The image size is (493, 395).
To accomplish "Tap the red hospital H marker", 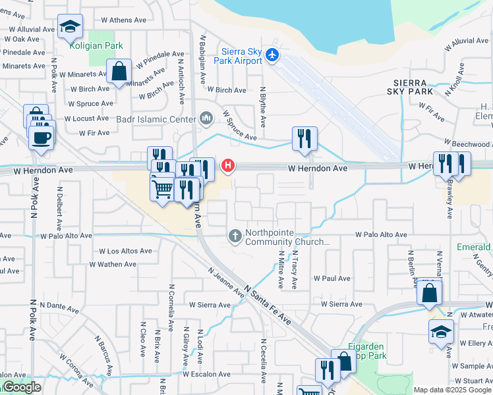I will pyautogui.click(x=228, y=165).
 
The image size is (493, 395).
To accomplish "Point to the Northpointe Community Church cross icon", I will pyautogui.click(x=235, y=235).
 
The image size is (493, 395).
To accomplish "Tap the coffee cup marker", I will pyautogui.click(x=42, y=137).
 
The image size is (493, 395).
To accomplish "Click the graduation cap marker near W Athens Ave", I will pyautogui.click(x=70, y=26).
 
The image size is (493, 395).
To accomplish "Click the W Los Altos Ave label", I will pyautogui.click(x=125, y=251).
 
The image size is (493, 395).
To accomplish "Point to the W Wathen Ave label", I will pyautogui.click(x=113, y=264).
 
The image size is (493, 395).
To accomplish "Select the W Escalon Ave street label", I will pyautogui.click(x=207, y=374).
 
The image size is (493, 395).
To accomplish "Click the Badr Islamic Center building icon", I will pyautogui.click(x=206, y=119).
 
